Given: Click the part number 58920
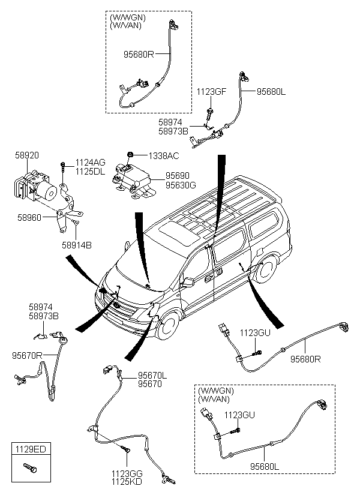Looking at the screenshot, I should point(27,155).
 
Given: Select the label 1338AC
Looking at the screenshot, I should point(164,156).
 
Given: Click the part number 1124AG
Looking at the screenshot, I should point(90,163).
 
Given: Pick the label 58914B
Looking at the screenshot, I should point(76,245).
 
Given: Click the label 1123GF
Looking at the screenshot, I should point(212,92).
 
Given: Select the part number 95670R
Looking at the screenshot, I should point(27,355).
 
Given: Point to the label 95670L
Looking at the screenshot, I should point(153,375).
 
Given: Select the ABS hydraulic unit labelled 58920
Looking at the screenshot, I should point(33,186).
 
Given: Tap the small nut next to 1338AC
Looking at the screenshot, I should point(131,155).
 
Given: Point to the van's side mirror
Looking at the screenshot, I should point(187,282).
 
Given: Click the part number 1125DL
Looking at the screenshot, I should point(90,171).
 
